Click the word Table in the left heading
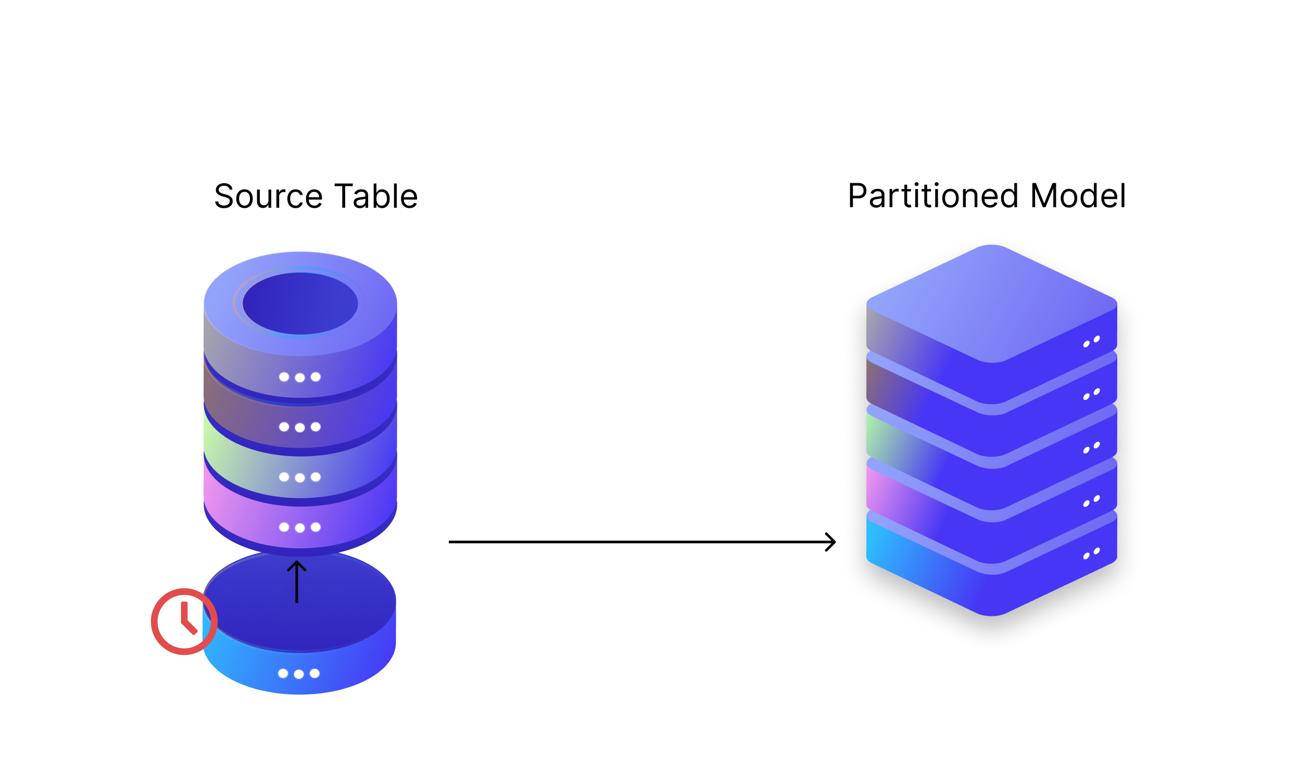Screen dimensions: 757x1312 click(x=376, y=197)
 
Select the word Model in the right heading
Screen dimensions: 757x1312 click(x=1078, y=196)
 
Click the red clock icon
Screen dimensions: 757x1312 click(x=184, y=622)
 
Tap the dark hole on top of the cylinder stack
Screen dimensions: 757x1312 click(x=300, y=304)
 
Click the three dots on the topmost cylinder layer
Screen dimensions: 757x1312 click(x=300, y=377)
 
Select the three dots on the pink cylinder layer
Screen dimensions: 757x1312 click(x=300, y=527)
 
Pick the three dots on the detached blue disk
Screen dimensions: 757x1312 click(x=299, y=674)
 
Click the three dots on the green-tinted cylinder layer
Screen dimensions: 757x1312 click(x=300, y=477)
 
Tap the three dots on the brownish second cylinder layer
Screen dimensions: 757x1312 click(x=300, y=427)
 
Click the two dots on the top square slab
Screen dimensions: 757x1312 click(x=1091, y=342)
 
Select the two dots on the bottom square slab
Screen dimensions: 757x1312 click(x=1091, y=553)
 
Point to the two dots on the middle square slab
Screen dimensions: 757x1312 click(x=1091, y=448)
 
